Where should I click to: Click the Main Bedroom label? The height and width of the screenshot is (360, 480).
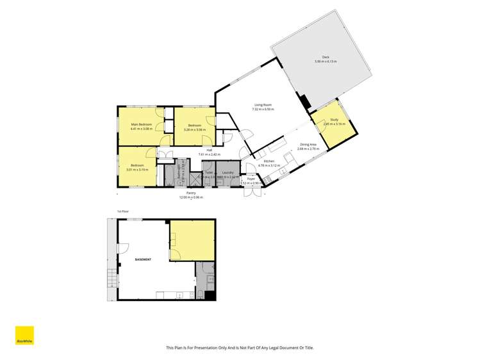pyautogui.click(x=142, y=124)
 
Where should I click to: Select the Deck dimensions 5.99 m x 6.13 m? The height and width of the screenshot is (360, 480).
pyautogui.click(x=326, y=61)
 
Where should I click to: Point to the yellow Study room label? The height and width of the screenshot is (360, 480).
pyautogui.click(x=334, y=120)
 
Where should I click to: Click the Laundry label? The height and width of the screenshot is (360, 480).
pyautogui.click(x=228, y=173)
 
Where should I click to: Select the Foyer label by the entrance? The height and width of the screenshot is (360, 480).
pyautogui.click(x=251, y=179)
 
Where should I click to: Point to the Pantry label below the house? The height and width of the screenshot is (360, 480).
pyautogui.click(x=191, y=193)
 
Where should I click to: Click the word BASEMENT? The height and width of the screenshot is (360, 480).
pyautogui.click(x=144, y=260)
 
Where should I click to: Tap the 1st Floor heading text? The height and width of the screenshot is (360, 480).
pyautogui.click(x=121, y=211)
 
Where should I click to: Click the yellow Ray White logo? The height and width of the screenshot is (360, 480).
pyautogui.click(x=24, y=336)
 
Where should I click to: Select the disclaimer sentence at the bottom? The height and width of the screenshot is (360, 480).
pyautogui.click(x=240, y=348)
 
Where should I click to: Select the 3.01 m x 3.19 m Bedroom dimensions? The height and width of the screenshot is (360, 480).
pyautogui.click(x=137, y=170)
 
